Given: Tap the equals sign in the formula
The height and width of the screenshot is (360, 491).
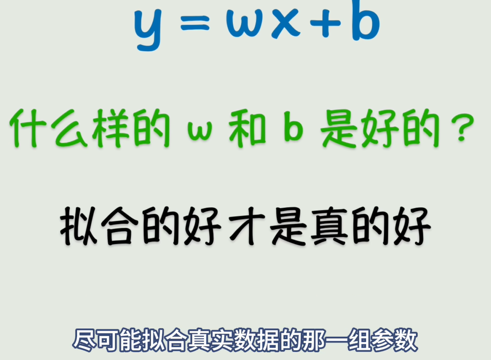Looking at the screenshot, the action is point(195,22).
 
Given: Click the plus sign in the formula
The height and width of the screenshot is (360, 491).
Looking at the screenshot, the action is point(325,22).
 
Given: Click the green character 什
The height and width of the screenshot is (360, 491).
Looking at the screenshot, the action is point(28,128).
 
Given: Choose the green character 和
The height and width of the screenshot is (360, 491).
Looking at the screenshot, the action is point(247,128).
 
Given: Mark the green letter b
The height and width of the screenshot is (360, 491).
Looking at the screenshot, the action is point(293,126).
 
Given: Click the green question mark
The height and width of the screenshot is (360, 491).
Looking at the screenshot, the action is point(464,128).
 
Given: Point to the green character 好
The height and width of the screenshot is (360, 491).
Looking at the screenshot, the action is point(380,128).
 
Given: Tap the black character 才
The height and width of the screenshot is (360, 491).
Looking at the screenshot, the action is point(247,226).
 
